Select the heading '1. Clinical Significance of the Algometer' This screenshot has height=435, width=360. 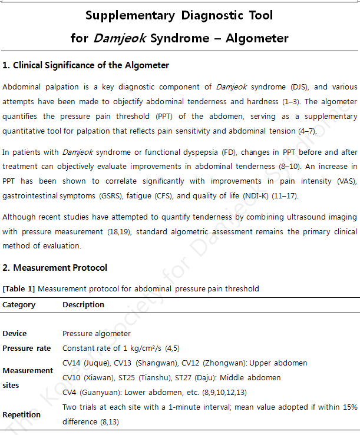pyautogui.click(x=86, y=65)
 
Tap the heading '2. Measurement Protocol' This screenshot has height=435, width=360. pyautogui.click(x=55, y=268)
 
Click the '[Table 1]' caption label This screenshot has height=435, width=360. pyautogui.click(x=19, y=289)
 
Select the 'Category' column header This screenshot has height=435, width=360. pyautogui.click(x=19, y=305)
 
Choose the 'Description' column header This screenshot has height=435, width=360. pyautogui.click(x=83, y=305)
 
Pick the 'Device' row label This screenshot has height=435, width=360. pyautogui.click(x=15, y=334)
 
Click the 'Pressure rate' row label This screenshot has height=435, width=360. pyautogui.click(x=27, y=348)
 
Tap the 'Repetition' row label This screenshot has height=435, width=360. pyautogui.click(x=22, y=414)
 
